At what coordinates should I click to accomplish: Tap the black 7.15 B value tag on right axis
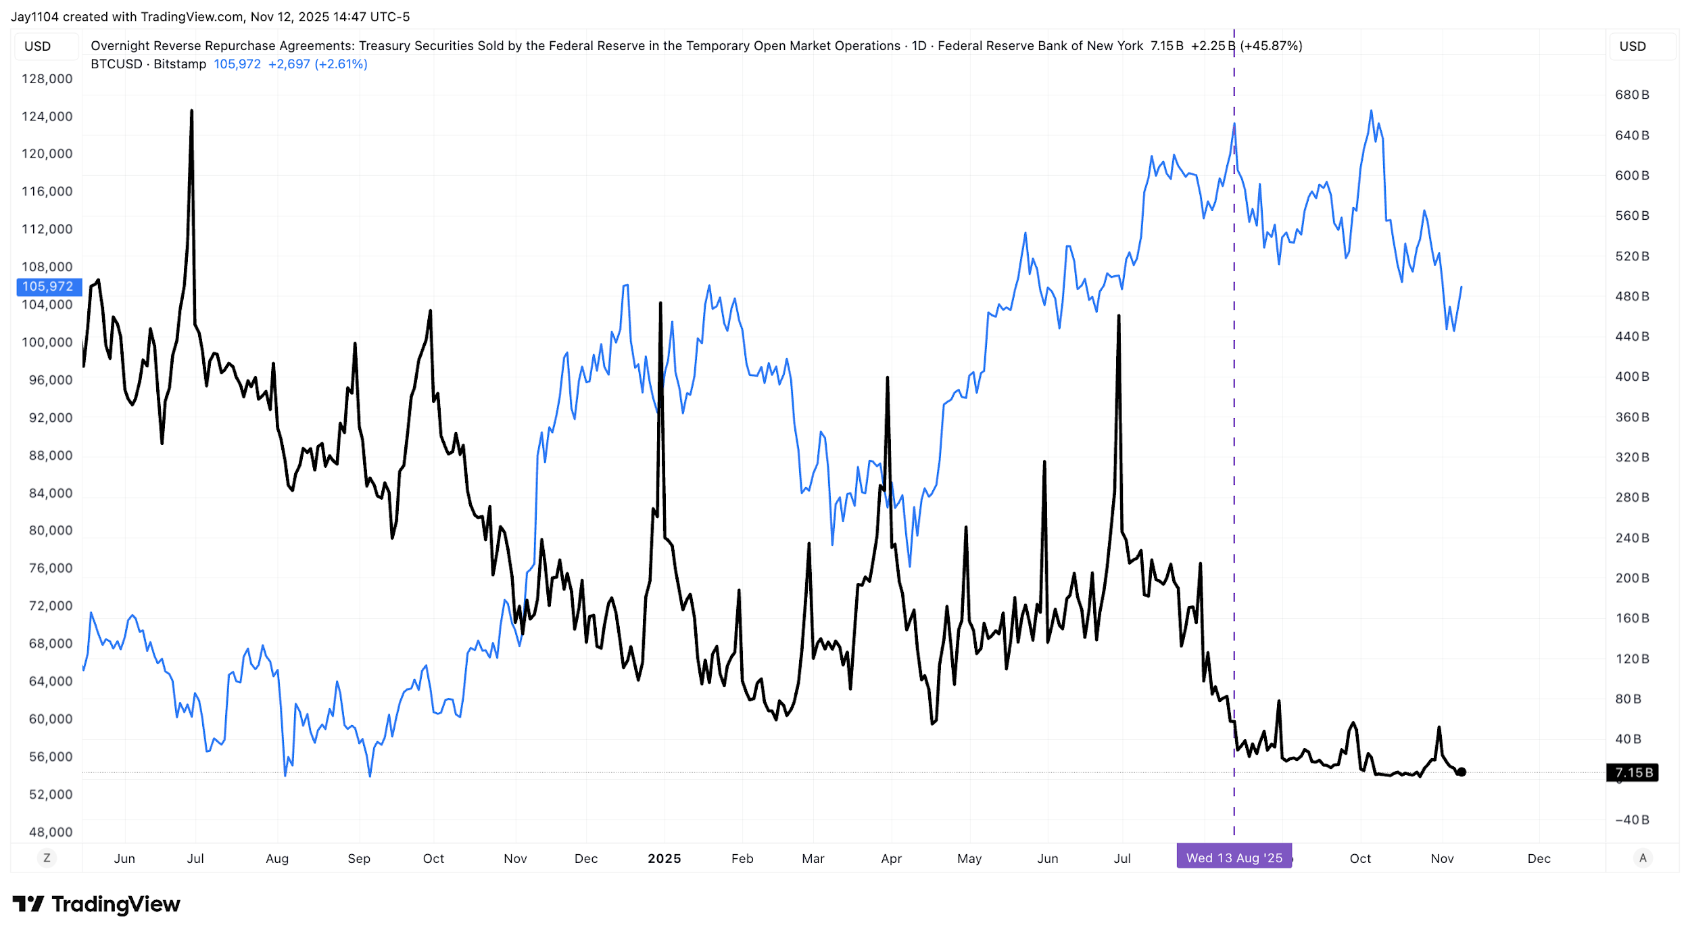(1633, 772)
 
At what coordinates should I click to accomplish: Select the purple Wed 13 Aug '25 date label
(1234, 858)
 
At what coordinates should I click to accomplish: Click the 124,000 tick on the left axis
(47, 116)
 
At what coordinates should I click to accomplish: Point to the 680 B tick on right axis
(1632, 95)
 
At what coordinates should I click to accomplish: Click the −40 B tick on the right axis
(1632, 820)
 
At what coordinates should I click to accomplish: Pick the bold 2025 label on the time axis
(664, 858)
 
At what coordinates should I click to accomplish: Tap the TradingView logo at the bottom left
(97, 904)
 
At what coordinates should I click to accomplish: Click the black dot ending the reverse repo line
(1461, 772)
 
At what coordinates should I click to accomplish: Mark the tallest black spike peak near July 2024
(191, 111)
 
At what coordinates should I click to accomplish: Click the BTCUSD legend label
(116, 64)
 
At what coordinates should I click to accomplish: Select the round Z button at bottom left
(47, 858)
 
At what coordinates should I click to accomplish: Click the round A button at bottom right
(1643, 858)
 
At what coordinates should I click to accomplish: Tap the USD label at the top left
(38, 46)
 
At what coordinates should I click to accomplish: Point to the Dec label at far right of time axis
(1539, 858)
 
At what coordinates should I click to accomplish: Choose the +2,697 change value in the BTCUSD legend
(289, 64)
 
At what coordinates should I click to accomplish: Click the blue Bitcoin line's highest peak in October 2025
(1370, 111)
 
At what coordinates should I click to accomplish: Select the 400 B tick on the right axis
(1632, 377)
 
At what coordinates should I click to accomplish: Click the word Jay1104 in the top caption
(34, 17)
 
